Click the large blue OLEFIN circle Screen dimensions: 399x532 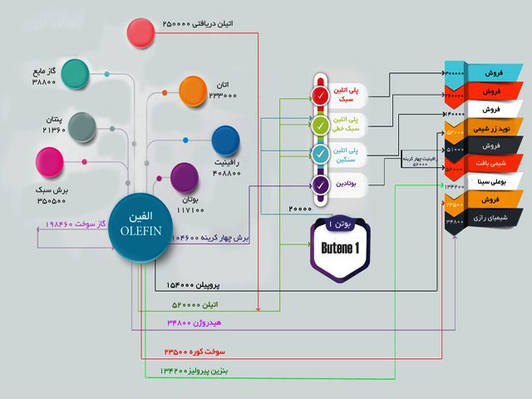pos(135,226)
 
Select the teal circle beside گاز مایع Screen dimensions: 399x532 pos(77,73)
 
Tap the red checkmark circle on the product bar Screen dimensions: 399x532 pos(322,96)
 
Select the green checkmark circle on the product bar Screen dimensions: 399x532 pos(322,125)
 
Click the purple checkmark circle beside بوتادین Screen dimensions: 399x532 pos(322,184)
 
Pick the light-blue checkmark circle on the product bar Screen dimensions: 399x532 pos(322,154)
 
